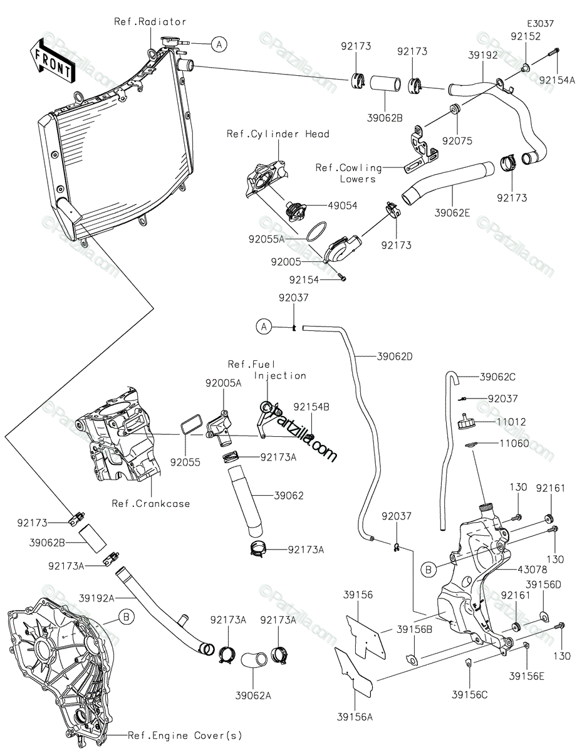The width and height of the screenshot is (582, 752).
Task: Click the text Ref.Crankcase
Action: tap(151, 503)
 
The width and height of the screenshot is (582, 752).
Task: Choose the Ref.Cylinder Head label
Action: tap(278, 134)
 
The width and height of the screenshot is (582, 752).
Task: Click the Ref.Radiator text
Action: tap(150, 21)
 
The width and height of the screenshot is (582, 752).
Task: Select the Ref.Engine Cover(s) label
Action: tap(185, 735)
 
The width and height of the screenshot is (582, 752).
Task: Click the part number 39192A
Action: tap(97, 598)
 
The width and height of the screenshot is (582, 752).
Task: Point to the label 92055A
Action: tap(266, 239)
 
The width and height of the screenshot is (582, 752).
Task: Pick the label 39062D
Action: tap(395, 356)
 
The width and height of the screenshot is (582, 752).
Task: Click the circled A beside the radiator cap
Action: tap(218, 44)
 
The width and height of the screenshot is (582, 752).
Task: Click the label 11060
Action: tap(514, 444)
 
